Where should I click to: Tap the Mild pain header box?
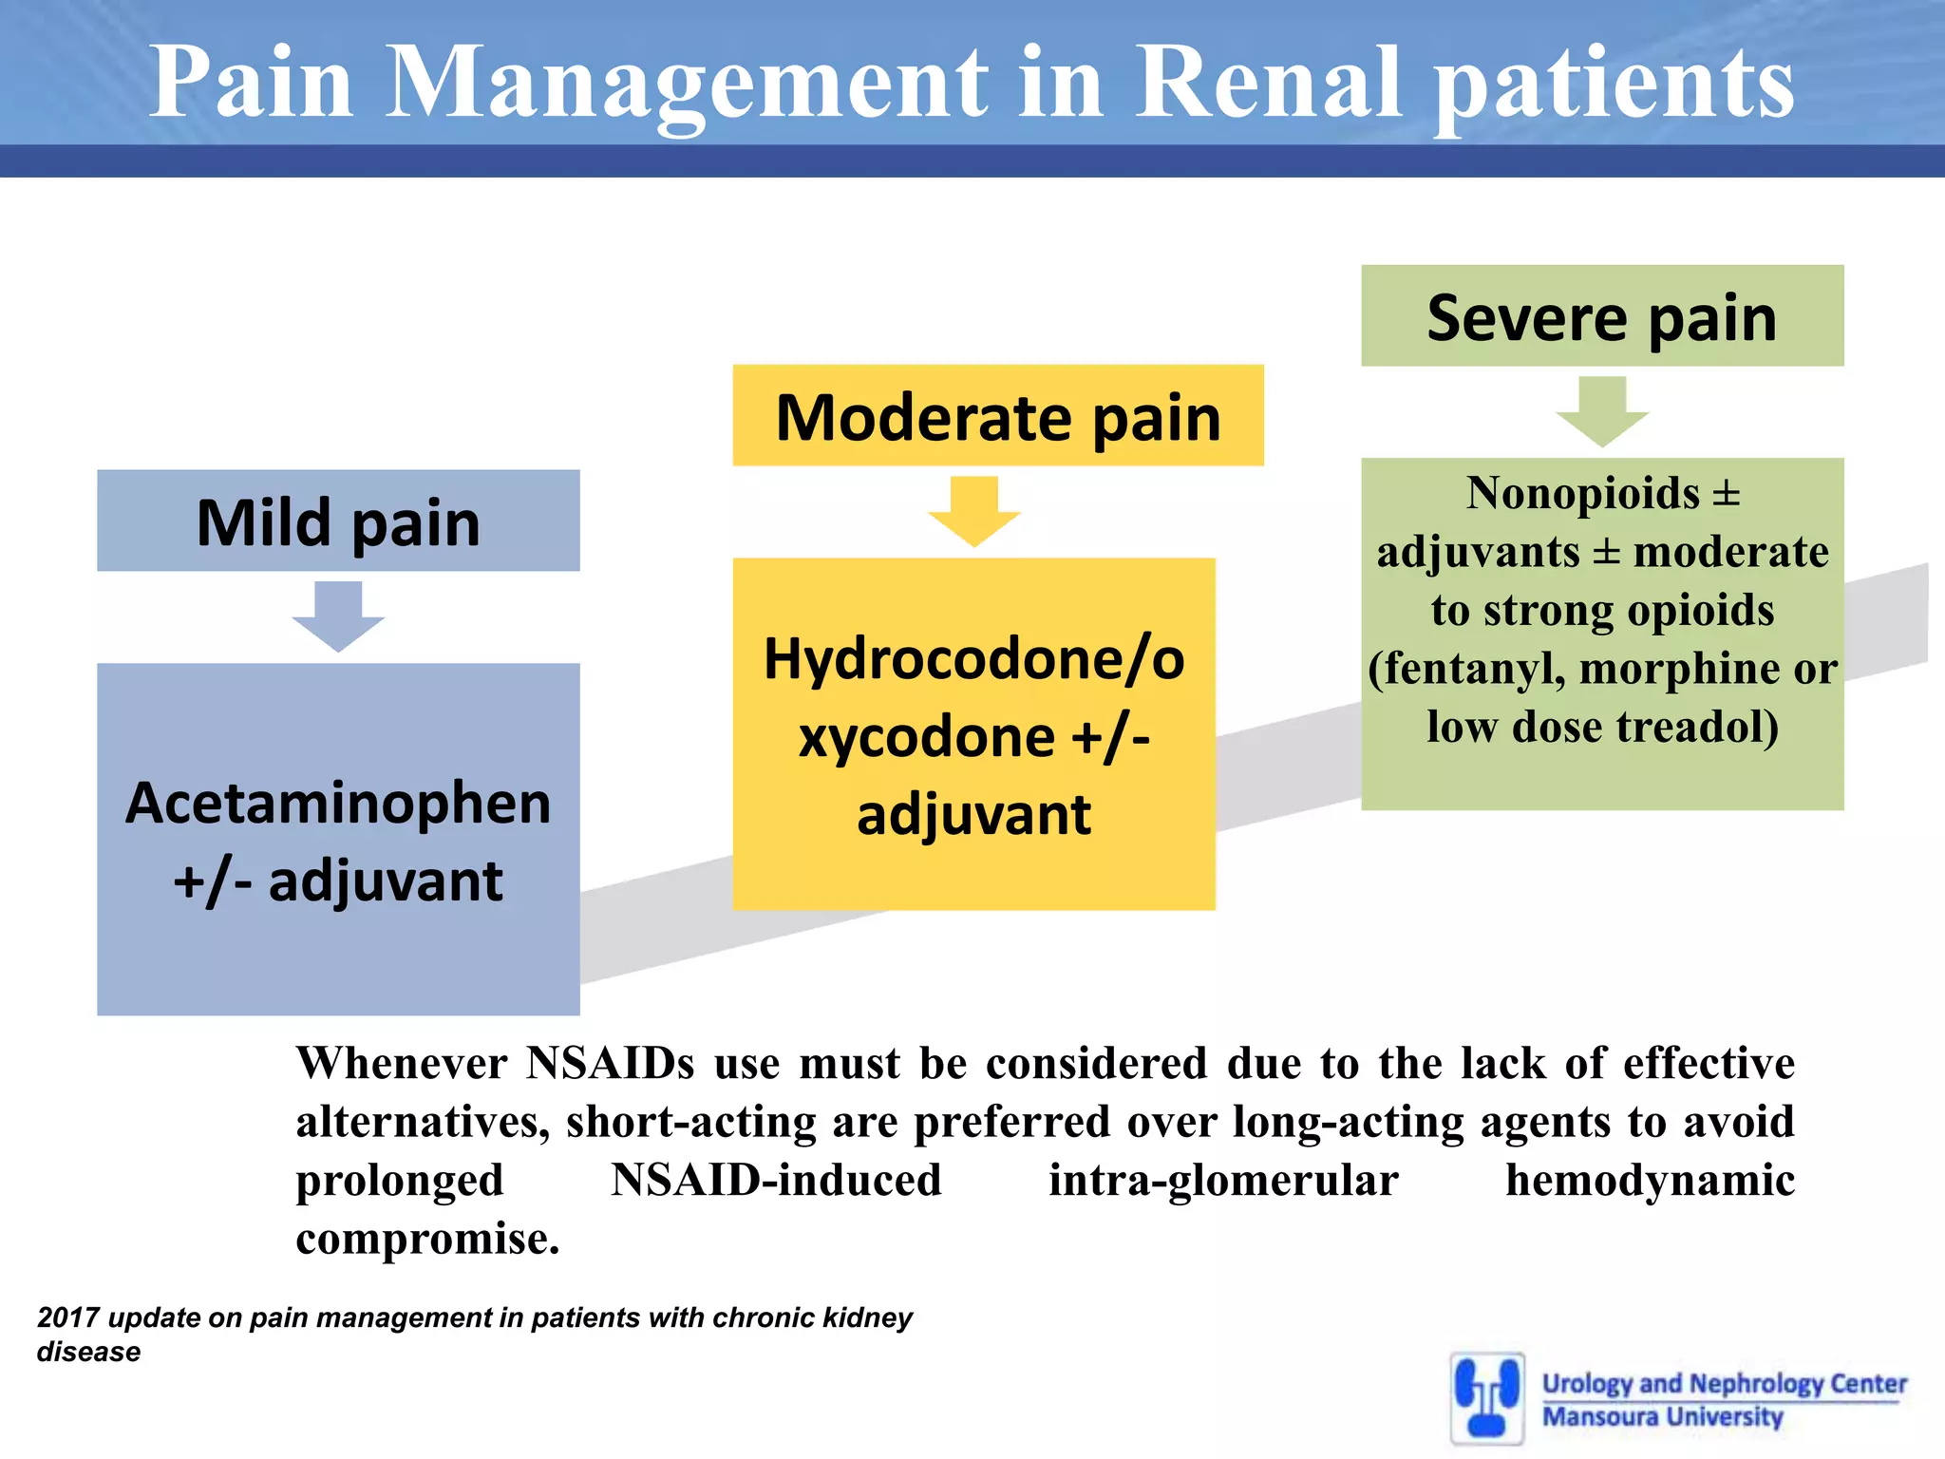click(338, 521)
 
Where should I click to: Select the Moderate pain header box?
click(997, 416)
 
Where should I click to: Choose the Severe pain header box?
click(1601, 316)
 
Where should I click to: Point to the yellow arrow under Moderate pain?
click(973, 510)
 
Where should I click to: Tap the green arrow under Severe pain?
click(1601, 410)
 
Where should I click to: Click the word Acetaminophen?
click(338, 803)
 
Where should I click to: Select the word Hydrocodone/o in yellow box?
click(973, 658)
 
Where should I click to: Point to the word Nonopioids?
click(1582, 493)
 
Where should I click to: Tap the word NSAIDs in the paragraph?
click(610, 1063)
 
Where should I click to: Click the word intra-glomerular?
click(1222, 1181)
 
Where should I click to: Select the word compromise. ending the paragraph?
click(427, 1239)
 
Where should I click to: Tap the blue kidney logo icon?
click(1486, 1397)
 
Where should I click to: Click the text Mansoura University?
click(1662, 1416)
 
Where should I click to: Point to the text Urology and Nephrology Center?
click(1724, 1383)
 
